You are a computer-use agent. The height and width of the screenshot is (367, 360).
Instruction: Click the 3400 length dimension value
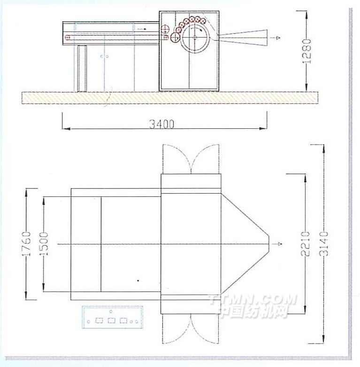162,124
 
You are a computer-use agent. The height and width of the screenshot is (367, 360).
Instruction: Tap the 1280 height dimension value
306,52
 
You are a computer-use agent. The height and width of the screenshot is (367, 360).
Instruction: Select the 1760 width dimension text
26,244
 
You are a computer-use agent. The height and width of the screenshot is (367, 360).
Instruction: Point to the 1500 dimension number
44,244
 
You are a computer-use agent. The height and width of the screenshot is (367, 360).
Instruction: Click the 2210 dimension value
305,244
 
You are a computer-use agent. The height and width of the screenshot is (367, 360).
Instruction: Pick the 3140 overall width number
323,244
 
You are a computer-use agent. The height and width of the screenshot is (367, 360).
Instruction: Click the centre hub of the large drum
194,37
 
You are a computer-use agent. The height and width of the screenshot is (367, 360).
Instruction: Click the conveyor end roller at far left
68,37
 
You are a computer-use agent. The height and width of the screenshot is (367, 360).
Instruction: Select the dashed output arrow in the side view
274,38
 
